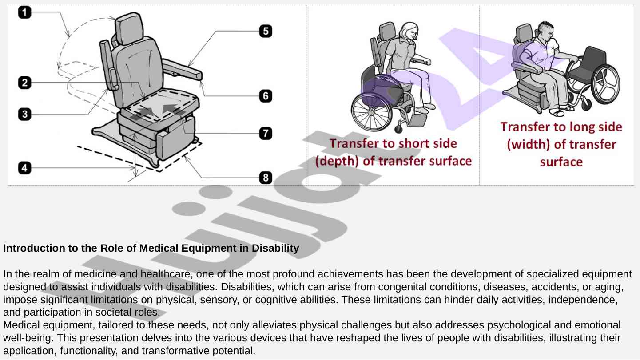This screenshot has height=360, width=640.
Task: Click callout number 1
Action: pos(24,12)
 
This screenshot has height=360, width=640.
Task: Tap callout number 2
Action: pos(24,83)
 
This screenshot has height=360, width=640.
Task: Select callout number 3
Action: pos(24,114)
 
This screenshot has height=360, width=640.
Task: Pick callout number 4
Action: pos(24,168)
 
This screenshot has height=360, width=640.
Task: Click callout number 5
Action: pos(266,31)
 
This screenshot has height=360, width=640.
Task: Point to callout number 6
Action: pos(266,96)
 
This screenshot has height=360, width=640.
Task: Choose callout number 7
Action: pos(266,133)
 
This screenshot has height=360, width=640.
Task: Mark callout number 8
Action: pos(266,178)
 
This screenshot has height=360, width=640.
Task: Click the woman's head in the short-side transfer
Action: pos(409,32)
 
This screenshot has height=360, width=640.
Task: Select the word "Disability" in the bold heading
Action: pos(275,248)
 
